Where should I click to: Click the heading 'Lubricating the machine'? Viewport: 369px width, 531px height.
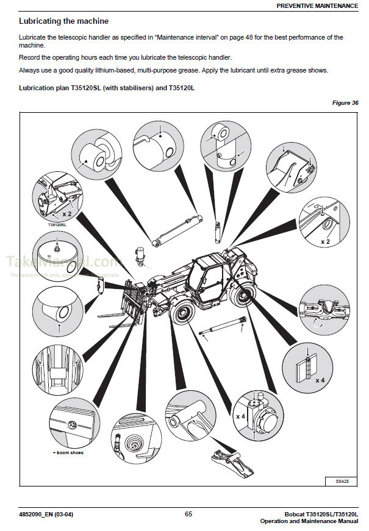click(x=64, y=21)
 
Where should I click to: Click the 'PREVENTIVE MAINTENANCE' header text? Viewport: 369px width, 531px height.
click(x=317, y=5)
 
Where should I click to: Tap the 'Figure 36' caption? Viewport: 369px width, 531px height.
click(x=345, y=103)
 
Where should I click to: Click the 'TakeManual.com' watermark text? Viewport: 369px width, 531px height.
click(x=61, y=262)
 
